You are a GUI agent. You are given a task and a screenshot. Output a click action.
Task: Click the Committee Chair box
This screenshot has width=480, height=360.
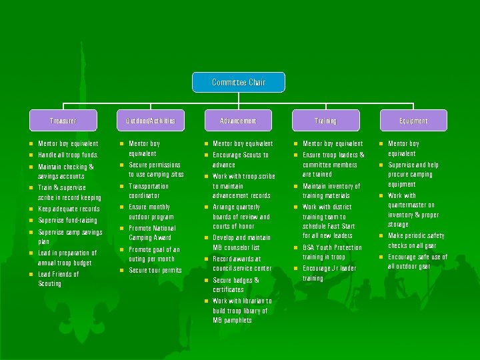(x=239, y=82)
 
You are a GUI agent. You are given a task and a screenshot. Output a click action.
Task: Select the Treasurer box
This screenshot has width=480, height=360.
(x=63, y=121)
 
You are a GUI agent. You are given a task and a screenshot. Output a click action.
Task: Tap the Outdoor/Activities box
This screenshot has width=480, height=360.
(x=151, y=121)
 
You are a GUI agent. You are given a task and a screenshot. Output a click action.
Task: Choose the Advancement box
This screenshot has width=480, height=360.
(x=238, y=121)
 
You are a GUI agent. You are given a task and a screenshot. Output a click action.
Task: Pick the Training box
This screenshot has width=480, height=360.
(x=325, y=121)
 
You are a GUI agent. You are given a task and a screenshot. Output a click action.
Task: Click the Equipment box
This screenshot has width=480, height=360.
(x=413, y=121)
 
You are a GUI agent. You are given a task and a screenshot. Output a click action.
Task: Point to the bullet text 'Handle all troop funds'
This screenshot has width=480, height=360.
(x=69, y=155)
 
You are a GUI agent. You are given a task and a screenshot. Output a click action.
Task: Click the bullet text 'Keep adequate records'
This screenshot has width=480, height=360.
(x=69, y=209)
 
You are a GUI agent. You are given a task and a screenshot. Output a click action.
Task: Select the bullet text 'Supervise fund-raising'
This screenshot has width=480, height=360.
(x=68, y=220)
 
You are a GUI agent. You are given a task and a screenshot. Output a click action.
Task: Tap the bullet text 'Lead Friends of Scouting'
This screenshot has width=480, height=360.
(x=59, y=279)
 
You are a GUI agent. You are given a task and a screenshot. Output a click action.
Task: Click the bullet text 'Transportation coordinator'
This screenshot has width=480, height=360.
(x=148, y=191)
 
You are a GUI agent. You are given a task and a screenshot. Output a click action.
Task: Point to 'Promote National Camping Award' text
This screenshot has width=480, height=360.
(x=152, y=233)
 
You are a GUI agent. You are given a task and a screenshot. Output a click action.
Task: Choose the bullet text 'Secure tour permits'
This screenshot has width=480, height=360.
(x=155, y=270)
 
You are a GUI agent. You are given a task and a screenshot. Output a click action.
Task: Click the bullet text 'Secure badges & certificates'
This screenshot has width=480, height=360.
(x=236, y=285)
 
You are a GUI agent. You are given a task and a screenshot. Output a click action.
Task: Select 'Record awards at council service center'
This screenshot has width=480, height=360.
(x=241, y=263)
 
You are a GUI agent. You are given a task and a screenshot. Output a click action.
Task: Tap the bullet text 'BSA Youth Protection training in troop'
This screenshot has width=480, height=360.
(x=332, y=252)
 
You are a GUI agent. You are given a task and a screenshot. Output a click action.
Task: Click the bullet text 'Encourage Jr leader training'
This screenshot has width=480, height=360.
(x=329, y=273)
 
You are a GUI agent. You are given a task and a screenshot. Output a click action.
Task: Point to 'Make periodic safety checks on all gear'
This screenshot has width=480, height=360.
(x=417, y=241)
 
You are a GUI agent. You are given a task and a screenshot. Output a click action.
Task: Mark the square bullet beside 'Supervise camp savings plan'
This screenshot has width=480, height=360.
(x=31, y=232)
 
